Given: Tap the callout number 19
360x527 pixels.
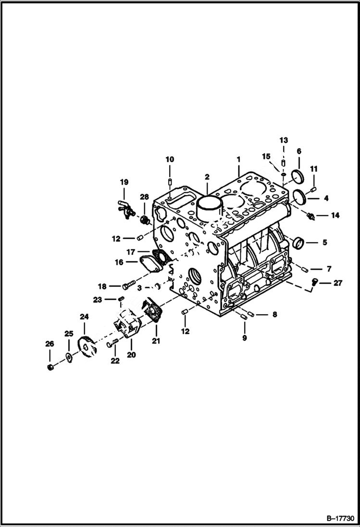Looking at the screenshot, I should click(124, 182).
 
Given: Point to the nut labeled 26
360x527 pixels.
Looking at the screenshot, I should click(50, 367).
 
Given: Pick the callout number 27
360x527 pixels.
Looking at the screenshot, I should click(338, 283).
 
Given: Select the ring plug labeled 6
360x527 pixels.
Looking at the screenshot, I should click(296, 175).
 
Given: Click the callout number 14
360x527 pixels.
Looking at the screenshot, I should click(335, 215).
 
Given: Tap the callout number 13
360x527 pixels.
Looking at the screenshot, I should click(284, 140).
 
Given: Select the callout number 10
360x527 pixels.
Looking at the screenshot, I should click(170, 159).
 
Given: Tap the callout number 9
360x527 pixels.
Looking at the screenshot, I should click(245, 338).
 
